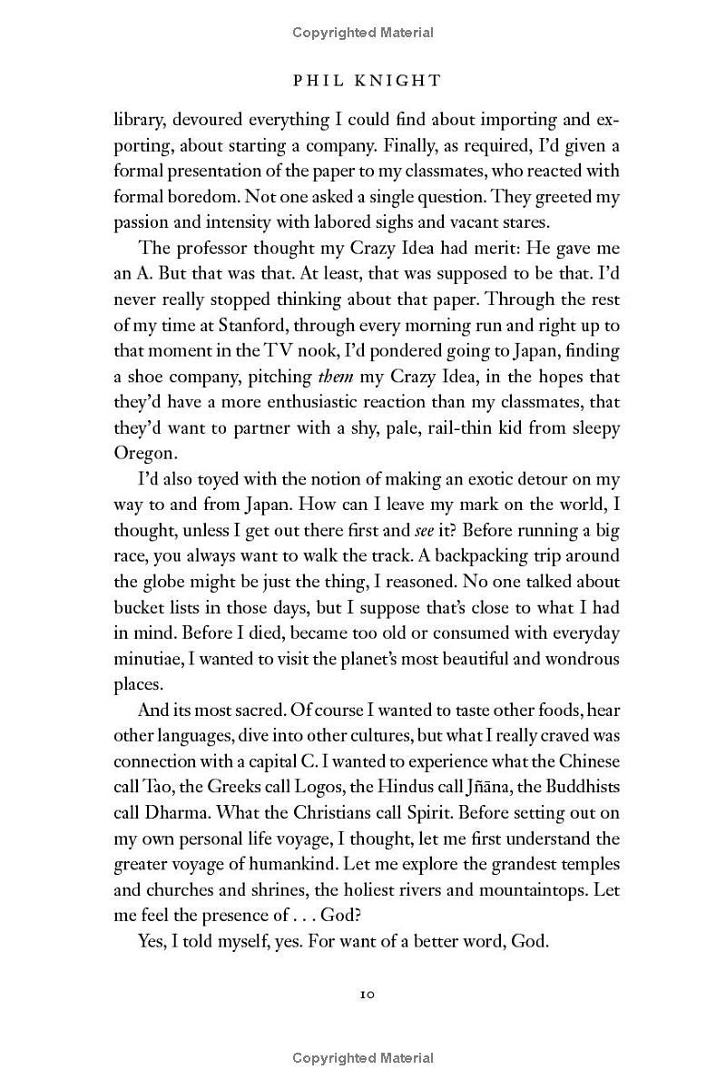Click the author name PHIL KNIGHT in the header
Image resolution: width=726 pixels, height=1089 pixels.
(367, 81)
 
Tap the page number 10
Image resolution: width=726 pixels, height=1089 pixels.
(367, 994)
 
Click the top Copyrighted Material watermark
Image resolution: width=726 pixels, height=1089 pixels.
(363, 33)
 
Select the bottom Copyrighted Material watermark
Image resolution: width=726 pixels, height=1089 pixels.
(363, 1058)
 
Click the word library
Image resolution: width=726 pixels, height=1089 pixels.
(138, 120)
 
